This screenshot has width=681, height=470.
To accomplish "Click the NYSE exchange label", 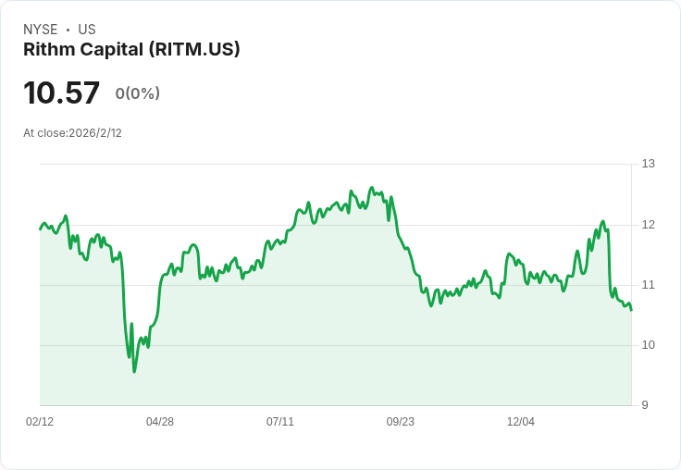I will tap(41, 30).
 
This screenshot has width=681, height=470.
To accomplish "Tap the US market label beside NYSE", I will tap(87, 30).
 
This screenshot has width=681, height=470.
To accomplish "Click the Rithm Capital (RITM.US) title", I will tap(131, 50).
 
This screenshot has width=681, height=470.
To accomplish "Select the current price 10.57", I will tap(61, 93).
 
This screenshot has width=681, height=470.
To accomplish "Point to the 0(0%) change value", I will tap(138, 93).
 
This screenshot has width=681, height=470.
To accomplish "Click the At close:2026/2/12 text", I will tap(72, 133).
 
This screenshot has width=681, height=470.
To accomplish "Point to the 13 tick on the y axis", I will tap(648, 164).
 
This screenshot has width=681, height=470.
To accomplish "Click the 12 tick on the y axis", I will tap(648, 225).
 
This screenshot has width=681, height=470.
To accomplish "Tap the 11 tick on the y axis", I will tap(648, 285).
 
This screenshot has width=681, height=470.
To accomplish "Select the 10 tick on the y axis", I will tap(648, 345).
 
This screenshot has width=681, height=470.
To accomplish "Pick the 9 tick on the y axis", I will tap(646, 405).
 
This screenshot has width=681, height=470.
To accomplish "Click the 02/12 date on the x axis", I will tap(40, 422).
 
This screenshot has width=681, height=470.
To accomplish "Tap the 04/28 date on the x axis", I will tap(160, 422).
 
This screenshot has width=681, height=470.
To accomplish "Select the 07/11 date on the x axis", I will tap(280, 422).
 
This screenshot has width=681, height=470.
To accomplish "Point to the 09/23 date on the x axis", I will tap(401, 422).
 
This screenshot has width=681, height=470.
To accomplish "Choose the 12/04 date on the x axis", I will tap(521, 422).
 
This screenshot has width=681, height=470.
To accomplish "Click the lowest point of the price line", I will tap(134, 372).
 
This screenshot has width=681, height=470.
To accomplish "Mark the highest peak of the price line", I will tap(371, 188).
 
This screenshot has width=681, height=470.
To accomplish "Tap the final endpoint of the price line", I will tap(632, 311).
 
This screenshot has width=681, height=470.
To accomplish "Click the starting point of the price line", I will tap(40, 229).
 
